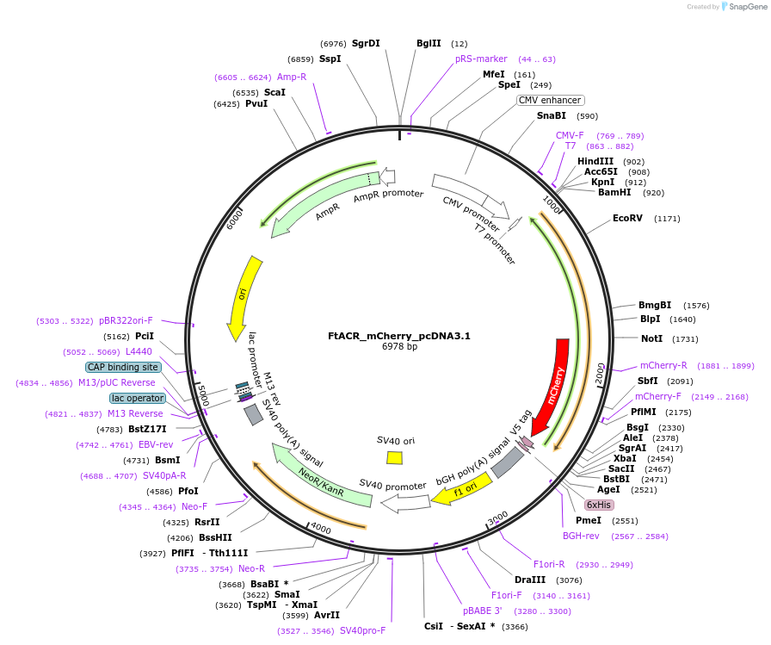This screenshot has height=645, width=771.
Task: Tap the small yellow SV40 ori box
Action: [395, 458]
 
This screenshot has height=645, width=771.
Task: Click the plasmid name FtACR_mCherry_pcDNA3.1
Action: [399, 336]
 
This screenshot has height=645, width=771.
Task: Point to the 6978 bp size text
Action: [399, 347]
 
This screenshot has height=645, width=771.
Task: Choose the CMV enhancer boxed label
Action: [550, 100]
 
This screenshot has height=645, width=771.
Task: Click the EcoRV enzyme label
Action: [627, 218]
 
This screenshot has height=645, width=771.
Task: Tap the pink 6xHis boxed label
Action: [599, 505]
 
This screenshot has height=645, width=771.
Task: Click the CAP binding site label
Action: [123, 367]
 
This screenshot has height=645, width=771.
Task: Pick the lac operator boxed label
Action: [138, 398]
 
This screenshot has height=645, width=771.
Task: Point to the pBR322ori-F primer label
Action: [126, 320]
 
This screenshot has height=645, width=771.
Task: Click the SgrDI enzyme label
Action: [366, 43]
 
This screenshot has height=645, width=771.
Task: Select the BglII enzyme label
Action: [429, 43]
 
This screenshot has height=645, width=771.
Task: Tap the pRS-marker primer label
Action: [481, 59]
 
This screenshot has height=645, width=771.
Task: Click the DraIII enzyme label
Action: [529, 580]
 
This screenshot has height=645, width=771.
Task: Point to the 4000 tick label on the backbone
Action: [320, 527]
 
